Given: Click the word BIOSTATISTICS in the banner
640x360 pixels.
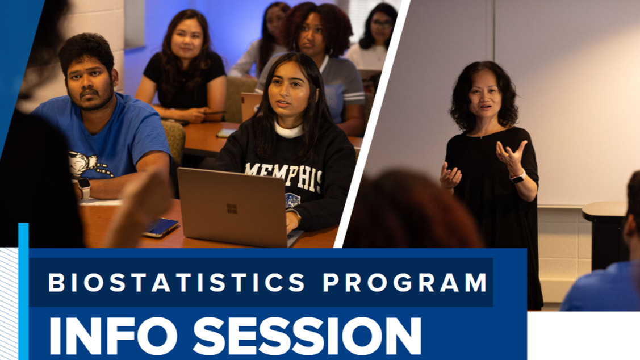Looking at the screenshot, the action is tap(177, 282).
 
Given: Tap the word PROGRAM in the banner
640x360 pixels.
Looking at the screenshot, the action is tap(405, 282).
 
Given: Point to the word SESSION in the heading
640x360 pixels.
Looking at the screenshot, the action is tap(307, 336).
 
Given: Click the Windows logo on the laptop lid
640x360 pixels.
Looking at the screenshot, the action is tap(232, 209).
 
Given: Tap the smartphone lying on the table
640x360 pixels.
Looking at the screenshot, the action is tap(160, 228).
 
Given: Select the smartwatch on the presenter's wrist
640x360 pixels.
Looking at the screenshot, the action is tap(518, 177).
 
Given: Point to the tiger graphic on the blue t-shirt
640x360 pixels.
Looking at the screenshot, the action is tap(89, 164).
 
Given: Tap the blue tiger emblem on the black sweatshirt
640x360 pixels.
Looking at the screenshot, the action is tap(292, 200).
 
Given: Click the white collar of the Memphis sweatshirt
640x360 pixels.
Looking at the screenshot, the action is tap(289, 130).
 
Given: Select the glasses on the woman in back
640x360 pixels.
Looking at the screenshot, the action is tap(382, 24).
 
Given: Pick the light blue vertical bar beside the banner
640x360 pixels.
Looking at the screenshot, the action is tap(23, 291).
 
